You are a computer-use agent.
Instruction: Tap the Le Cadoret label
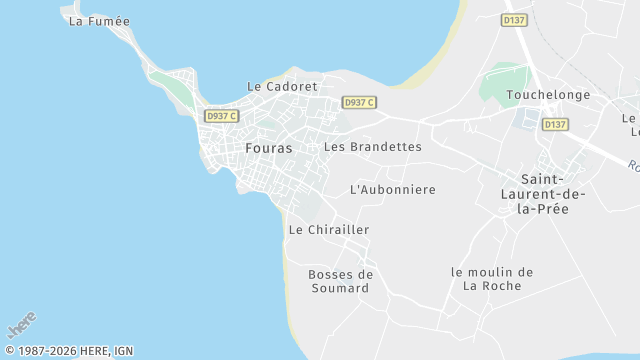pos(281,86)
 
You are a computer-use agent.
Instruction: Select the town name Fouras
pos(269,148)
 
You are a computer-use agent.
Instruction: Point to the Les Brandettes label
pos(373,146)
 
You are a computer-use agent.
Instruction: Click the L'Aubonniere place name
pos(393,189)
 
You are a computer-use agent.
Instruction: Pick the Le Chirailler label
pos(329,229)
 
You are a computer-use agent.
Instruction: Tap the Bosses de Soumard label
pos(340,281)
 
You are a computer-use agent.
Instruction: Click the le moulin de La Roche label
pos(492,279)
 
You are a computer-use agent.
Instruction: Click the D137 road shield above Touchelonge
pos(514,19)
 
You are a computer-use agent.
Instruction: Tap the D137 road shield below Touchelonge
pos(555,125)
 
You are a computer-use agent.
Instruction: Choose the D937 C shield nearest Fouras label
pos(222,116)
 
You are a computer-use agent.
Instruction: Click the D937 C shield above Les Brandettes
pos(359,102)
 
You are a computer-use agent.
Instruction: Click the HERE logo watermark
pos(22,325)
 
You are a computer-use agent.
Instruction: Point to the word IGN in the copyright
pos(123,351)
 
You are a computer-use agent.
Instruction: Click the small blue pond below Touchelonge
pos(526,121)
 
